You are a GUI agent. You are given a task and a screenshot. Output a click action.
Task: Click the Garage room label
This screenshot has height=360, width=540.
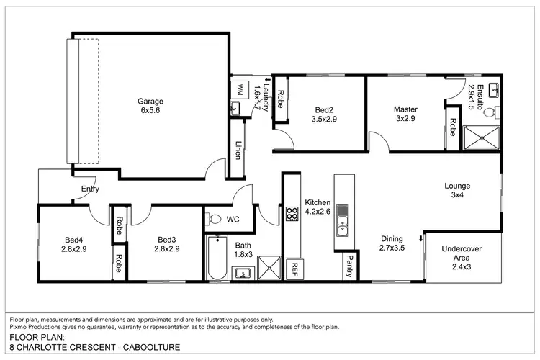click(x=151, y=102)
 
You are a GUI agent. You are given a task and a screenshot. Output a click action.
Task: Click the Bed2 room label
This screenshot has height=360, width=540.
click(x=324, y=109)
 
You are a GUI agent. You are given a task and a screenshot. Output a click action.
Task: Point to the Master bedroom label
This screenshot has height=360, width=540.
click(x=405, y=109)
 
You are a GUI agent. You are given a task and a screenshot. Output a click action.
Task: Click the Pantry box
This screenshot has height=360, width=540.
click(x=349, y=266)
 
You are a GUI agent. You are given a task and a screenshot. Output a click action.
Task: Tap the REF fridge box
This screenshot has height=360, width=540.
click(x=293, y=269)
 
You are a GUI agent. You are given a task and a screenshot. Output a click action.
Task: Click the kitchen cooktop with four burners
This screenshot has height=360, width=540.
click(x=293, y=214)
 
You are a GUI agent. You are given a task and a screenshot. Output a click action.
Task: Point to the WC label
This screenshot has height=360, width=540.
click(x=233, y=218)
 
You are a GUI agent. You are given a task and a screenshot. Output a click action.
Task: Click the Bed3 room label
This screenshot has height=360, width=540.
click(x=167, y=240)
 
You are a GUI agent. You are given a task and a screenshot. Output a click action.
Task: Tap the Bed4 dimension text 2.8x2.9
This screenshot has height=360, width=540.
click(x=75, y=249)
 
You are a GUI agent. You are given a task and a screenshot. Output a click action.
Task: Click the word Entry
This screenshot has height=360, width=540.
click(x=90, y=189)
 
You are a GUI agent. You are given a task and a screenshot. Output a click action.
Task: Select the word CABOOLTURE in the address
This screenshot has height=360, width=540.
click(x=145, y=346)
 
